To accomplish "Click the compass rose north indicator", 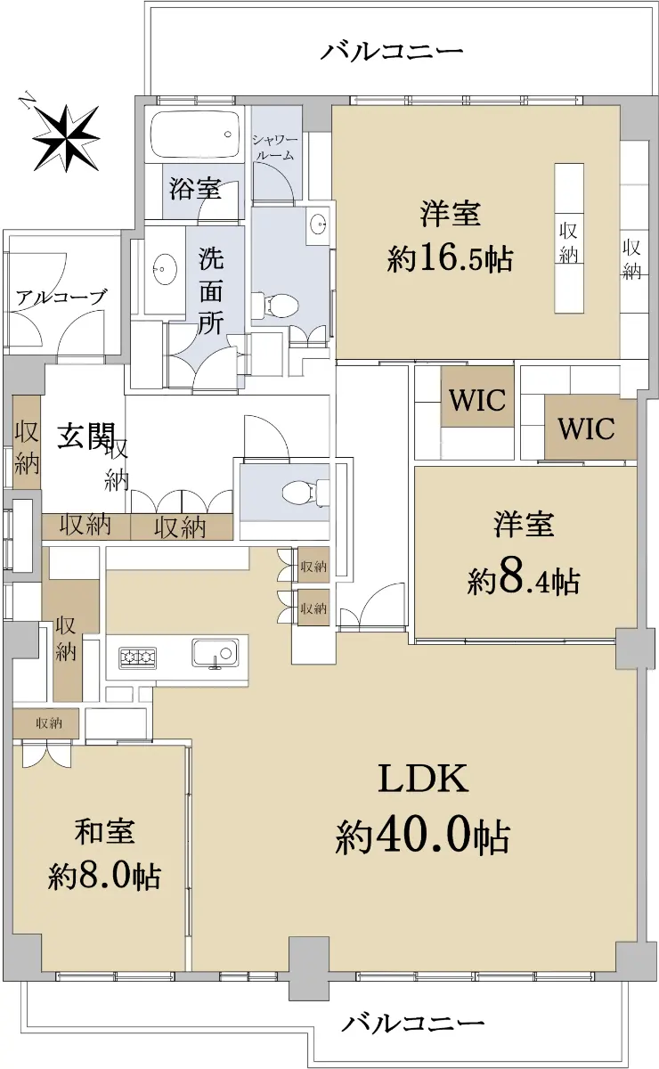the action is [x=65, y=137].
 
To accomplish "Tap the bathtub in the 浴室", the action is [x=195, y=135].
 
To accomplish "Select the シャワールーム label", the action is [x=274, y=148].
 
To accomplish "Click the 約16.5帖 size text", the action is [x=450, y=259].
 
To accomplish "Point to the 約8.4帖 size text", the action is [x=524, y=581].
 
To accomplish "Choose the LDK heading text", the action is [x=423, y=779].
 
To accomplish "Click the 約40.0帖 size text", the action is [x=423, y=837].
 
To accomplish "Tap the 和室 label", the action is [x=104, y=831].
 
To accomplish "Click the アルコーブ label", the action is [x=61, y=298].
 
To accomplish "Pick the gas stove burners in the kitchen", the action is [x=137, y=657].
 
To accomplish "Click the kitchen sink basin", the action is [x=216, y=653].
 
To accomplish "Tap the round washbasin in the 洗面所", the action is [x=162, y=269].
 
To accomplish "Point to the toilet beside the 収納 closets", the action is [x=305, y=490].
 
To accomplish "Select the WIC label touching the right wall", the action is [x=587, y=428].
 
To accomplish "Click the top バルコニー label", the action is [x=391, y=51].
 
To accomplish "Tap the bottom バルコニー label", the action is [x=413, y=1019].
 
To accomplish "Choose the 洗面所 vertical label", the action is [x=211, y=290].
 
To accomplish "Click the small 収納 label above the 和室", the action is [x=49, y=723].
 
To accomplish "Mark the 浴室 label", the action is [x=195, y=189].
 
